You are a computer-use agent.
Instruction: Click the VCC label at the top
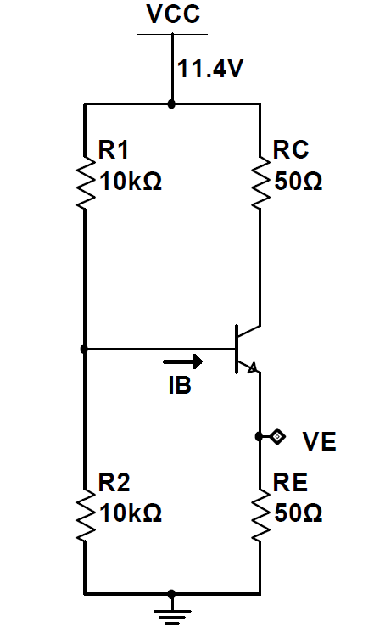[173, 14]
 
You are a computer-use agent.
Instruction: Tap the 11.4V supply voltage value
[210, 68]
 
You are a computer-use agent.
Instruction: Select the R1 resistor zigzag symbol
[86, 182]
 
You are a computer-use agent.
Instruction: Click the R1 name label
[114, 150]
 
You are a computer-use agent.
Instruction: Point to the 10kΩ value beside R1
[131, 182]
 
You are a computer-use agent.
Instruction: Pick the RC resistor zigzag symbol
[260, 182]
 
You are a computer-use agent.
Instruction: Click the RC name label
[291, 150]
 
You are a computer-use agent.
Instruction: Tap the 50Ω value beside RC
[299, 182]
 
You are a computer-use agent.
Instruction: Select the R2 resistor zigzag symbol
[86, 515]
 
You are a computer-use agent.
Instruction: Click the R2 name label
[114, 482]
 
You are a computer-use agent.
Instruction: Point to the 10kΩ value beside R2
[131, 513]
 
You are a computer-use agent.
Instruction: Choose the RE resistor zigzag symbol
[260, 515]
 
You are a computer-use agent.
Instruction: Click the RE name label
[290, 482]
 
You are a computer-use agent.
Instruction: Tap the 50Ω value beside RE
[299, 513]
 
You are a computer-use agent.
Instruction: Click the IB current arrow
[183, 361]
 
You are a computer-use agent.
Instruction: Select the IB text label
[180, 385]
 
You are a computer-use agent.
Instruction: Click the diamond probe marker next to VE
[277, 436]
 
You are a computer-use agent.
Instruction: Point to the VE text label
[319, 441]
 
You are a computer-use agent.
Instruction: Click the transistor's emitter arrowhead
[252, 367]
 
